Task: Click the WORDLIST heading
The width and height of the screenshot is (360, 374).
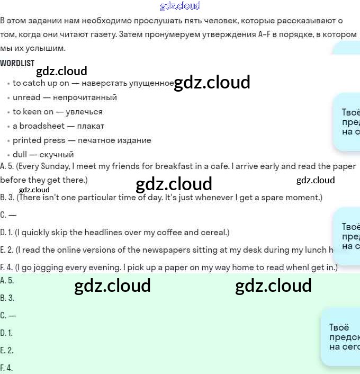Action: pyautogui.click(x=17, y=63)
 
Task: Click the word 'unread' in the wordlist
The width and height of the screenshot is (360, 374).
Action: pyautogui.click(x=26, y=97)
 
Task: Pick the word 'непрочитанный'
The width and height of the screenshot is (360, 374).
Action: pyautogui.click(x=85, y=97)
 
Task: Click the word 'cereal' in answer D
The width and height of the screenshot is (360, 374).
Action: pyautogui.click(x=211, y=233)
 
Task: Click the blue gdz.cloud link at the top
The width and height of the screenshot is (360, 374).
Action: pyautogui.click(x=180, y=6)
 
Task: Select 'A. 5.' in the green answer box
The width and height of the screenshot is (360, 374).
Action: pyautogui.click(x=7, y=281)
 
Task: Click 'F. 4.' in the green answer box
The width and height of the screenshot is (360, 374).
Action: pyautogui.click(x=6, y=368)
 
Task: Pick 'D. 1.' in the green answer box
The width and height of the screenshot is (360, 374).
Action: pyautogui.click(x=6, y=333)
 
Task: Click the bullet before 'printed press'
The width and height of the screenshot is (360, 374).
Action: pyautogui.click(x=8, y=141)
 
